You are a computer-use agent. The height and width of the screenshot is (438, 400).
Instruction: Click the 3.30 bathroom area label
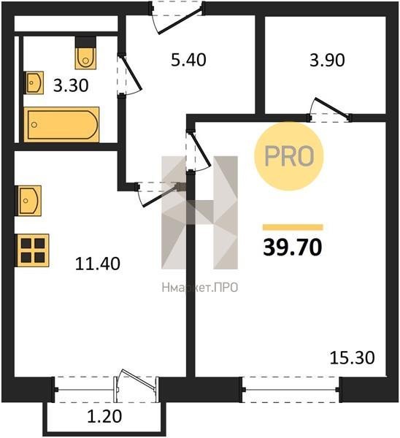tap(71, 85)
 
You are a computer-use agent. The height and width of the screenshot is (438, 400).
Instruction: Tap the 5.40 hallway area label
tap(188, 60)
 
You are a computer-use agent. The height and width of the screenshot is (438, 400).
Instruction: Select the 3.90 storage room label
tap(327, 61)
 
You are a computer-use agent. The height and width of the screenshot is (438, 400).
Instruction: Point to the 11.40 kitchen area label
tap(98, 264)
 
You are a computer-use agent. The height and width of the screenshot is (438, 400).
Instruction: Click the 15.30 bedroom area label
tap(353, 358)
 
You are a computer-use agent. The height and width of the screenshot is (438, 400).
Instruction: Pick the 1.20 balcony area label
tap(104, 417)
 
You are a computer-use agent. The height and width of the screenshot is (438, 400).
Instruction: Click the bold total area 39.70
tap(293, 247)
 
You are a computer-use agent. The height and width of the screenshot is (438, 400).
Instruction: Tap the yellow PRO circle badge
tap(289, 156)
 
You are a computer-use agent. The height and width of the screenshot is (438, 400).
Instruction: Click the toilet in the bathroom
tap(85, 53)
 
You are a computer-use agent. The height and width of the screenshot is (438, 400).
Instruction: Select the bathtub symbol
tap(62, 125)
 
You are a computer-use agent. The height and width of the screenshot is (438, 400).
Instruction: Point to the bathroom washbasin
tap(34, 82)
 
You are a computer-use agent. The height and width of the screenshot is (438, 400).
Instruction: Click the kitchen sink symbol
tap(28, 201)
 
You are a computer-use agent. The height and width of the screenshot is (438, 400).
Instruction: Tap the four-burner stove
tap(32, 250)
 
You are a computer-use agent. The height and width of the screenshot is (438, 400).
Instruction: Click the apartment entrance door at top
tap(177, 18)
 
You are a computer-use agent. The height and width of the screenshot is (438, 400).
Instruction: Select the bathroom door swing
tap(129, 75)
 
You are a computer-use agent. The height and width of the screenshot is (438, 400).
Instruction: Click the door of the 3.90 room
tap(329, 110)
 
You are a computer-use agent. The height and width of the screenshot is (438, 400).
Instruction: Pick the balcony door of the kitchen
tap(136, 385)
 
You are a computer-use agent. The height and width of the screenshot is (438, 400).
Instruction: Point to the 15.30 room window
tap(291, 390)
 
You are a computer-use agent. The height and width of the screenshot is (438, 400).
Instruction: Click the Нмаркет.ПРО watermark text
tap(200, 288)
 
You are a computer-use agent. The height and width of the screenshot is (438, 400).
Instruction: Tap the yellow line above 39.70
tap(293, 227)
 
